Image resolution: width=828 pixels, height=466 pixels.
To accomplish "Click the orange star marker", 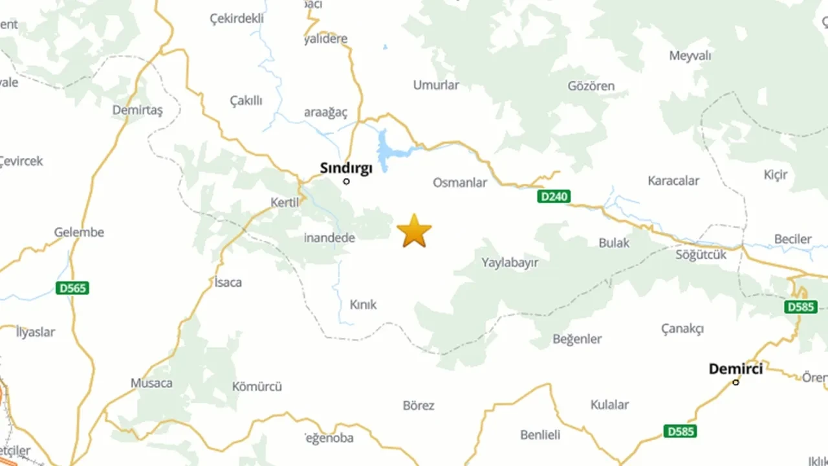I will (414, 231).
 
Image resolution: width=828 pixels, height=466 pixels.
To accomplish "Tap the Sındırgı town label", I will (346, 168).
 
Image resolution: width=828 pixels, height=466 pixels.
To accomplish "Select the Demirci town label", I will (735, 369).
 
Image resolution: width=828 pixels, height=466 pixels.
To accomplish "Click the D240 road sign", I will (554, 196).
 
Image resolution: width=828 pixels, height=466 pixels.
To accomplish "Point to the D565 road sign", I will (72, 288).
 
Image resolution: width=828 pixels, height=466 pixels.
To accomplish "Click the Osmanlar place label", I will (459, 183).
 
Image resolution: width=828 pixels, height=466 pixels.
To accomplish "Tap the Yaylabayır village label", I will (510, 263).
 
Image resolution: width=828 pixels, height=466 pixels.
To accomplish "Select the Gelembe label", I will (79, 232).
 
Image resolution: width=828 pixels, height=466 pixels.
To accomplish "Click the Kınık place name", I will (363, 305).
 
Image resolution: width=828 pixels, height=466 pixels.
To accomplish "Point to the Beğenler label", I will (577, 339).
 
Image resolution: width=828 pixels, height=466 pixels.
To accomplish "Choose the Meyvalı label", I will (690, 56).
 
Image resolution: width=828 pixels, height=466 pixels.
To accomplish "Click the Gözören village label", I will (591, 86).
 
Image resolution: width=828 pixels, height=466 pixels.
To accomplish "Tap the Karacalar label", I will (673, 181).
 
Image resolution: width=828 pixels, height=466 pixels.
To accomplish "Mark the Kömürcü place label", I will (257, 387).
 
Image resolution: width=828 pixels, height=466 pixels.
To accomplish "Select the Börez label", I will (419, 406).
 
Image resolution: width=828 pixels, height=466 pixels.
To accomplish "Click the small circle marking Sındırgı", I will (346, 181).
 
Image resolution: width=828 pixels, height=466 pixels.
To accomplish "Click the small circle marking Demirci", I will (735, 383).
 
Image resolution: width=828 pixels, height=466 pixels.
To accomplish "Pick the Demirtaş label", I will (137, 110).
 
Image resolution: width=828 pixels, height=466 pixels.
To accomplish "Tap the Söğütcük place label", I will (701, 255).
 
